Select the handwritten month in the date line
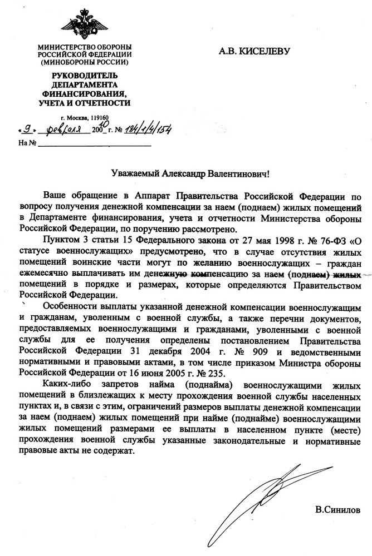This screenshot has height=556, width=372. pyautogui.click(x=60, y=130)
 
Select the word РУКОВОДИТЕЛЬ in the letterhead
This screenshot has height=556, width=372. pyautogui.click(x=85, y=76)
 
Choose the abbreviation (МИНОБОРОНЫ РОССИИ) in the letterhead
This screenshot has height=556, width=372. pyautogui.click(x=85, y=62)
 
